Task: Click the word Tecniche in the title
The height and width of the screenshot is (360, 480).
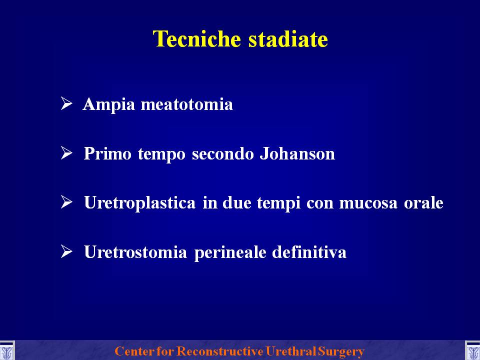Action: (197, 39)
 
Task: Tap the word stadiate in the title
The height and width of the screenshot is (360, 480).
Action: (288, 39)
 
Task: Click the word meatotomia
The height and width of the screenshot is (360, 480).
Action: (186, 104)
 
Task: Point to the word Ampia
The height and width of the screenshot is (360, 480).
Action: (108, 105)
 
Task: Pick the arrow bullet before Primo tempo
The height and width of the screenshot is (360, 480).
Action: (66, 153)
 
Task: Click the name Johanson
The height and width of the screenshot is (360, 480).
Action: (297, 153)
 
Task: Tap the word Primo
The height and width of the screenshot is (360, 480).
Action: (107, 153)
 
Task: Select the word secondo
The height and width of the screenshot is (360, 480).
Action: (223, 153)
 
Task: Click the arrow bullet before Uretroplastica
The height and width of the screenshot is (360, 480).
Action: (66, 202)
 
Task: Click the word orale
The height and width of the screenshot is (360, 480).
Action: (423, 202)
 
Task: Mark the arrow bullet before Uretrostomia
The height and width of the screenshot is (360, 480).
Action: (66, 251)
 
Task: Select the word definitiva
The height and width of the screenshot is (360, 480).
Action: (309, 252)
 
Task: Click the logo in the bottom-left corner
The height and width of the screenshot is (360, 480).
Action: (6, 350)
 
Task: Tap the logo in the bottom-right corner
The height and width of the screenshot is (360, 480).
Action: (472, 350)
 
